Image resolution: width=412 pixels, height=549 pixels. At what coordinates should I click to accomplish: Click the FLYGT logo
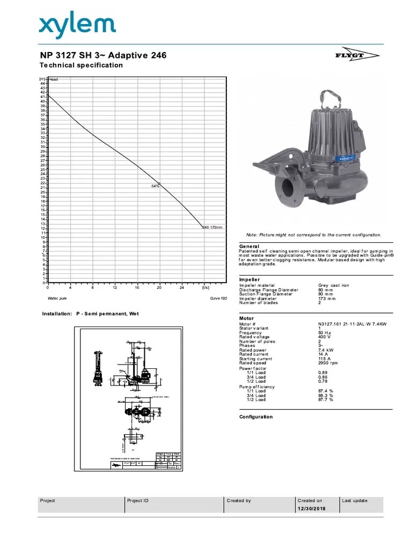(364, 55)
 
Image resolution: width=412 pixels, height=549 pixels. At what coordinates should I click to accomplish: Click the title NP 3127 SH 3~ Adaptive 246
(104, 55)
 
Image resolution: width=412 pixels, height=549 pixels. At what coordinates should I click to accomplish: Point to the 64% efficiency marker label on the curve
(156, 186)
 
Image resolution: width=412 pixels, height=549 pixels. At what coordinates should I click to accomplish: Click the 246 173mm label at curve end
(212, 227)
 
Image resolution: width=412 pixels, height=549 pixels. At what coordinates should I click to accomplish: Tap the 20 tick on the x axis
(159, 288)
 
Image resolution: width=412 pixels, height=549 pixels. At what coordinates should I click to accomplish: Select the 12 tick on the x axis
(115, 288)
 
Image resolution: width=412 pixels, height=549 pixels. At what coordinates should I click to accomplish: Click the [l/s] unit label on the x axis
(206, 288)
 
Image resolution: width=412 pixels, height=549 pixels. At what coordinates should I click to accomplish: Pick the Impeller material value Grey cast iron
(334, 285)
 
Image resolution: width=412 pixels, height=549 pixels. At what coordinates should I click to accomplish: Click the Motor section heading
(246, 318)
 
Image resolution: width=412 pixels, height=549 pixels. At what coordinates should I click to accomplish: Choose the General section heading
(249, 246)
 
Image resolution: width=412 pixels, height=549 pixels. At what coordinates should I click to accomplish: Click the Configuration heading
(255, 417)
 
